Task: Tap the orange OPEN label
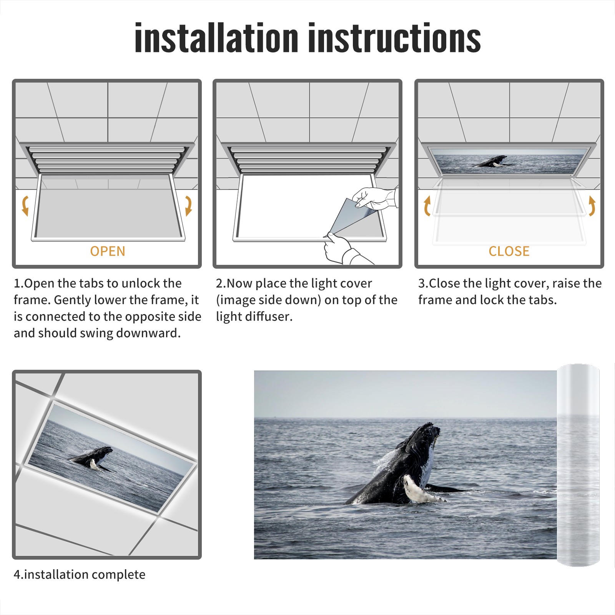(x=108, y=251)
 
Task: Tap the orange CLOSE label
(x=509, y=251)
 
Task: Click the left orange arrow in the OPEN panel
(x=25, y=206)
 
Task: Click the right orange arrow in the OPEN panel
(x=188, y=206)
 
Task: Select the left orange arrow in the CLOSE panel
(x=427, y=206)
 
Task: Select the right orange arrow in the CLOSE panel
(x=592, y=206)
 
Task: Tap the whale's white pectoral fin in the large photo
(x=421, y=490)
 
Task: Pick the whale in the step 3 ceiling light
(x=492, y=161)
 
